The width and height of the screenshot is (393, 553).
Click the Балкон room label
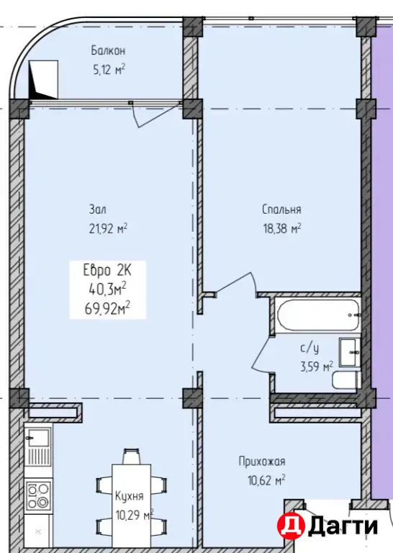tap(108, 51)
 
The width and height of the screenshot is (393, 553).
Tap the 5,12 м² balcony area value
tap(109, 69)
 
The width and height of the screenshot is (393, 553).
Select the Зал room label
tap(97, 210)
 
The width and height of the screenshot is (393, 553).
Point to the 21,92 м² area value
tap(108, 228)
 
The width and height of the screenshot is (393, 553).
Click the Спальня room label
tap(281, 210)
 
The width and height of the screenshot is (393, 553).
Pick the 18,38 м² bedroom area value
tap(282, 228)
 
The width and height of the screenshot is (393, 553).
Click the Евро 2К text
tap(107, 271)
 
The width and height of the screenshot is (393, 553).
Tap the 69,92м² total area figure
tap(107, 309)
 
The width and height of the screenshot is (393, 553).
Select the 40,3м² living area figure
tap(107, 290)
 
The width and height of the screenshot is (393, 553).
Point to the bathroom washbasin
tap(350, 352)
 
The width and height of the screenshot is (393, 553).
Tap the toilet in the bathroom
tap(346, 380)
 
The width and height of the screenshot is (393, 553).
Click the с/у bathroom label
tap(310, 349)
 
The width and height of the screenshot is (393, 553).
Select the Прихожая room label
tap(262, 462)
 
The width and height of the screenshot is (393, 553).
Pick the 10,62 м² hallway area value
tap(266, 480)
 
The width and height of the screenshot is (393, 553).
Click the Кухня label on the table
tap(130, 496)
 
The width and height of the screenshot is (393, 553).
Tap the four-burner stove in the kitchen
tap(38, 495)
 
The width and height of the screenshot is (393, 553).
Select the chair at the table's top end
tap(131, 457)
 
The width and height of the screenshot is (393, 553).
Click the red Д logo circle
tap(291, 526)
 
